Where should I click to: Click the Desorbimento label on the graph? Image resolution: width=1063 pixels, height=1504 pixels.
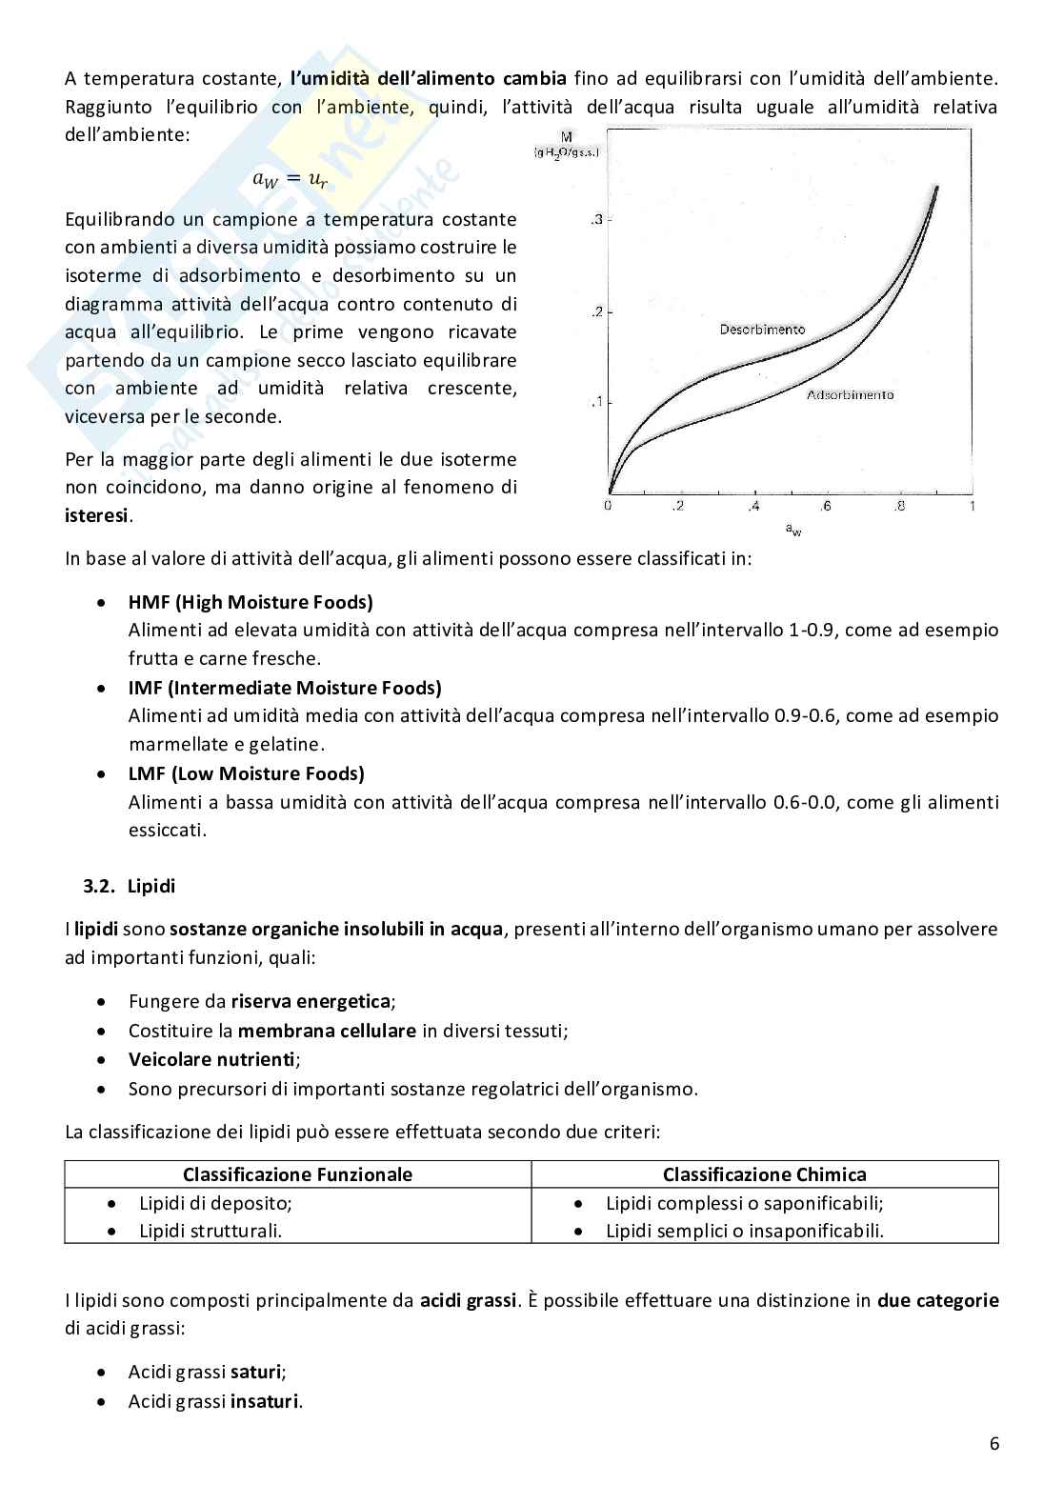pos(762,330)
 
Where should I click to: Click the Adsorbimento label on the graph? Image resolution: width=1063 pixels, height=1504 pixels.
pos(850,394)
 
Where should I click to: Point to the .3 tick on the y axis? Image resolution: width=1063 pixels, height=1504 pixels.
pos(597,220)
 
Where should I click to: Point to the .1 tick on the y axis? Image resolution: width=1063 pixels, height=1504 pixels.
pos(597,402)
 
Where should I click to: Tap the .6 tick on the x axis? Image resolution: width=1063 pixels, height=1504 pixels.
pos(825,506)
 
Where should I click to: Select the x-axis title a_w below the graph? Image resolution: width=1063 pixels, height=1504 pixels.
pos(792,529)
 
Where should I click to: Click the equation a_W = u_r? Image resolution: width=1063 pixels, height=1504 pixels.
pos(290,178)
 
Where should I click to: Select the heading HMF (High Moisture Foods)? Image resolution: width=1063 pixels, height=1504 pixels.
pos(251,602)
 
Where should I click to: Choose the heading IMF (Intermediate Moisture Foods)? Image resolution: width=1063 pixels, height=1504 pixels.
pos(285,688)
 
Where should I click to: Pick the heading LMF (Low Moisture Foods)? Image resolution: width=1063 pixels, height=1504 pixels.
pos(247,773)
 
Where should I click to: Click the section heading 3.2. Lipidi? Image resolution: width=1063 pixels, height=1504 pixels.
pos(130,886)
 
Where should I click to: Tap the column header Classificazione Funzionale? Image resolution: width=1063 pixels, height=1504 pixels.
pos(297,1174)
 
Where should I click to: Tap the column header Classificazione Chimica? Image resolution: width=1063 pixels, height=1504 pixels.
pos(764,1174)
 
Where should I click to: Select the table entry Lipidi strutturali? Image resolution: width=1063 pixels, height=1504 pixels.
pos(211,1231)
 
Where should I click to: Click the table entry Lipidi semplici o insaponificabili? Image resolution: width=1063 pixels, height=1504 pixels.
pos(745,1231)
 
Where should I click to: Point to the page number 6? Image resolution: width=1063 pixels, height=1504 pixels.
pos(994,1443)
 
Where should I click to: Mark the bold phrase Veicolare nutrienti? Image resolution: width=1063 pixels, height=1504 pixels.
pos(212,1059)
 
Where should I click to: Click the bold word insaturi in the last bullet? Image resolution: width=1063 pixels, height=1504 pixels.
pos(265,1401)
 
